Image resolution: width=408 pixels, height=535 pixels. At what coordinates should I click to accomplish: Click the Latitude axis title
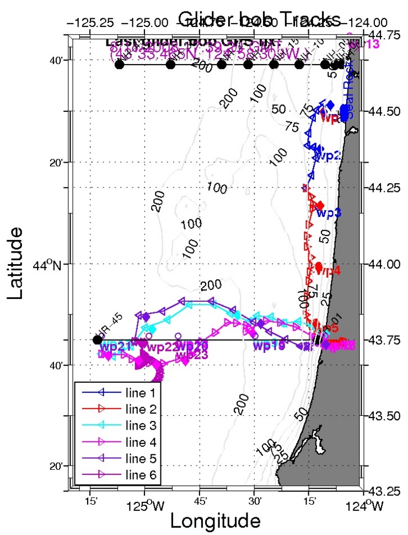pyautogui.click(x=18, y=263)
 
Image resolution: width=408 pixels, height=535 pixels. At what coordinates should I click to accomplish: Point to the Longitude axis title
pyautogui.click(x=215, y=520)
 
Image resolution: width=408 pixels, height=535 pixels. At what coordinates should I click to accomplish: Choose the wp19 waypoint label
pyautogui.click(x=268, y=346)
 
